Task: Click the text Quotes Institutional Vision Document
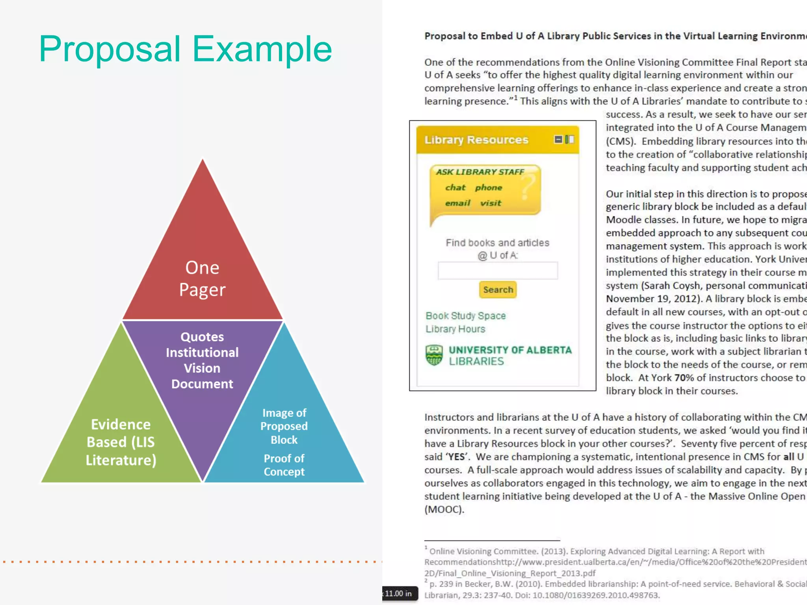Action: point(202,360)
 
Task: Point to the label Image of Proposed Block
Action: point(284,426)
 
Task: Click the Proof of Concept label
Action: point(284,465)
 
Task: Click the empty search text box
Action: point(498,271)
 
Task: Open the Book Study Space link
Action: point(465,316)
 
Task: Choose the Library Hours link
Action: point(455,329)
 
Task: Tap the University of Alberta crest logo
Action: point(434,355)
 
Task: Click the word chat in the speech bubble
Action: point(455,187)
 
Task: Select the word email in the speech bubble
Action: point(457,203)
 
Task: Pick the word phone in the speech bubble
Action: point(489,187)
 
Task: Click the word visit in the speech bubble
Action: point(491,203)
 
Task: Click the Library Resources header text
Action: point(476,140)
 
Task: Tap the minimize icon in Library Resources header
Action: point(558,139)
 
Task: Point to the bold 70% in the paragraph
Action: point(684,378)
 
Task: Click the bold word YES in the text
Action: point(456,457)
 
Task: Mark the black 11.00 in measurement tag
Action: point(399,594)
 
